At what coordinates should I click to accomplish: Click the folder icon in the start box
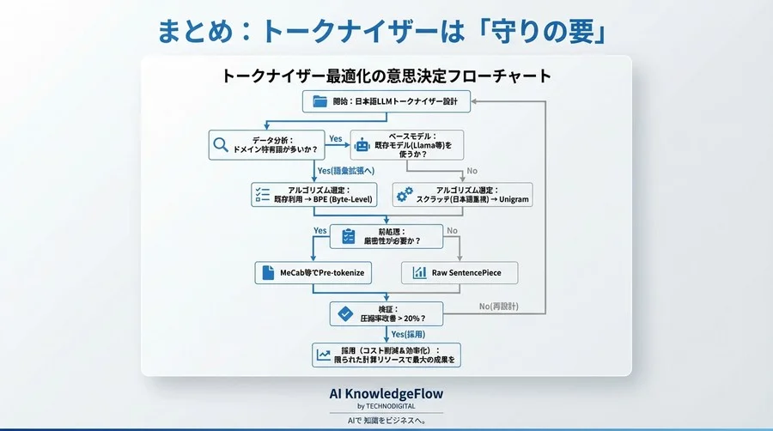[320, 101]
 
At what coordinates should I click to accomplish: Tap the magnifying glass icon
[220, 145]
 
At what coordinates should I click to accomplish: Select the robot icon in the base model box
[362, 146]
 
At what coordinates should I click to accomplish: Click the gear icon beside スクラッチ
[403, 195]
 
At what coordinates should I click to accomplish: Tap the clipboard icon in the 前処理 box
[348, 236]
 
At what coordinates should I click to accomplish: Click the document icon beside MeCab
[267, 273]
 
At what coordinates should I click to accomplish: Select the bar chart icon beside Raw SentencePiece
[419, 273]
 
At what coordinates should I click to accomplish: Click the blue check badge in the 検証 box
[344, 314]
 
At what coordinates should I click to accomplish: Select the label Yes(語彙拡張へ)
[346, 170]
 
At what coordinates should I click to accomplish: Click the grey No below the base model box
[471, 170]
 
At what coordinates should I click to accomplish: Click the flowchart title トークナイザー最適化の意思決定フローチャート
[386, 76]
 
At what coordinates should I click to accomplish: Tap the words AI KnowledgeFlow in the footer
[386, 392]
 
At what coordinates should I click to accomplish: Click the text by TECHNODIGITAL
[386, 405]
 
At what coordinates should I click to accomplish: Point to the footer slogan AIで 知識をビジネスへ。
[386, 421]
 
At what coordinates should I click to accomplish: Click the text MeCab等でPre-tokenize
[322, 273]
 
